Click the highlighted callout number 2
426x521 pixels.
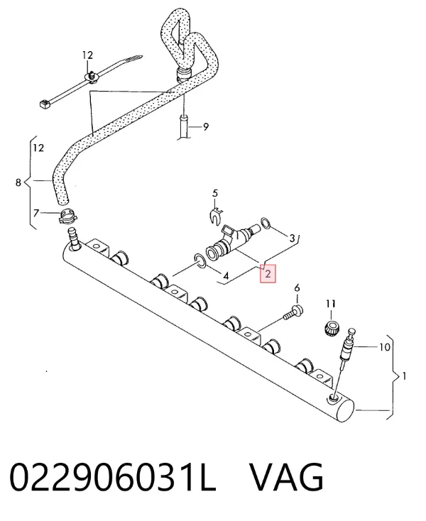click(x=268, y=273)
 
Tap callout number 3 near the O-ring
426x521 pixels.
click(x=292, y=238)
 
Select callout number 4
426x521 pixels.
click(x=226, y=276)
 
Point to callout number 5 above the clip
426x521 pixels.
click(x=215, y=193)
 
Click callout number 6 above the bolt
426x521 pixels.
click(x=297, y=287)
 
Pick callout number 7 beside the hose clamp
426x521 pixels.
click(x=36, y=212)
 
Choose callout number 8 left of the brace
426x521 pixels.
click(x=18, y=182)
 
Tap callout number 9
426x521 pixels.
click(x=206, y=126)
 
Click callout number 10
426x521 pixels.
click(x=384, y=347)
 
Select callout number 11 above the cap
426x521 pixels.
click(x=331, y=304)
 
